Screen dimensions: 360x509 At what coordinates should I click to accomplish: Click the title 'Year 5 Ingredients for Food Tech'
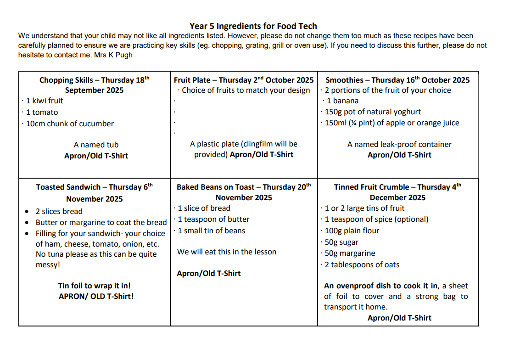[253, 26]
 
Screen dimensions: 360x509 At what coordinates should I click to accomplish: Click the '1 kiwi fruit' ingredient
[45, 101]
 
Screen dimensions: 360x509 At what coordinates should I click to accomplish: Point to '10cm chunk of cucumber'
[70, 124]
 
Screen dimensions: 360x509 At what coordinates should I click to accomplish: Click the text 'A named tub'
[96, 145]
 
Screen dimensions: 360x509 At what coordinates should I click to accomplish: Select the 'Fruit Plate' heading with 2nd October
[244, 80]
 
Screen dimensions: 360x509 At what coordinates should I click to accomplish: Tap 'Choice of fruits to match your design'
[246, 90]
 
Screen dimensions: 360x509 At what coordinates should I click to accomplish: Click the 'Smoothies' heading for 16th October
[397, 80]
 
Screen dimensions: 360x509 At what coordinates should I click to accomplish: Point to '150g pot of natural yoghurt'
[373, 112]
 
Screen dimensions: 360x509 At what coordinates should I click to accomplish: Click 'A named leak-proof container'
[399, 144]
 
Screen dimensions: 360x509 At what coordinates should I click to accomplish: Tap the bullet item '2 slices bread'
[59, 211]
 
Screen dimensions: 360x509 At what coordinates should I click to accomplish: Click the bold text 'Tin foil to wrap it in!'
[94, 286]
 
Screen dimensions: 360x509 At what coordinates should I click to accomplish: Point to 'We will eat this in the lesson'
[227, 252]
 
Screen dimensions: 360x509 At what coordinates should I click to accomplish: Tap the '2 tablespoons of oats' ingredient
[362, 264]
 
